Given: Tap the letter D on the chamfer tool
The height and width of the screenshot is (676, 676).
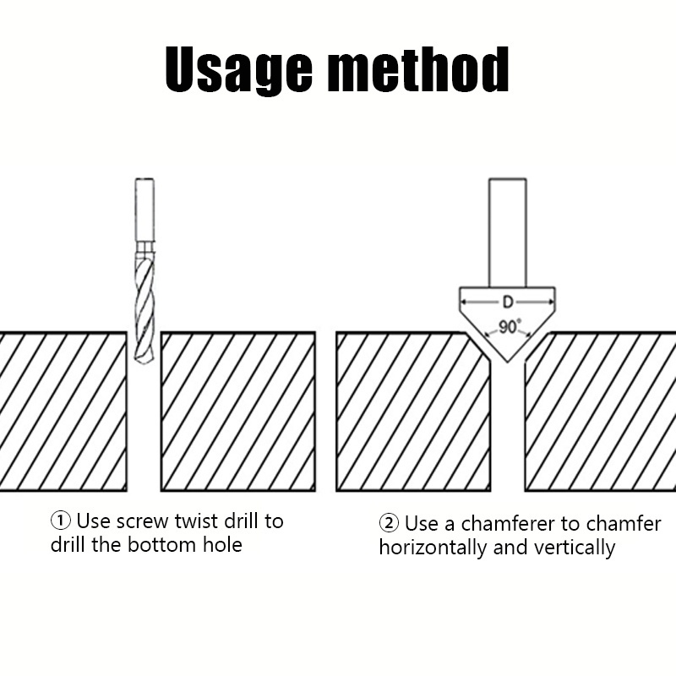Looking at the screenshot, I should coord(507,301).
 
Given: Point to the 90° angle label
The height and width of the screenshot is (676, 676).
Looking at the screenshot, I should coord(509,326).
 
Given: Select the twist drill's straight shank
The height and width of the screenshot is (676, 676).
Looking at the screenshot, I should coord(144,208).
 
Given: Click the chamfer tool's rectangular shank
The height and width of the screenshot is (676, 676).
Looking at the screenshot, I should coord(507,232).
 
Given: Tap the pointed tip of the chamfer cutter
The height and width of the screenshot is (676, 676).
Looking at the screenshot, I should coord(508,361).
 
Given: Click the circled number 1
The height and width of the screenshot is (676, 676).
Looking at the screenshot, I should coord(61,521).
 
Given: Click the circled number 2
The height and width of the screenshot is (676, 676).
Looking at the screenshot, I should coord(389,524).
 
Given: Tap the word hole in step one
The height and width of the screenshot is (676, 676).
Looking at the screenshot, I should coord(221,545).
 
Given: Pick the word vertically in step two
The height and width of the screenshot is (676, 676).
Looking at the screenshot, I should coord(575,548).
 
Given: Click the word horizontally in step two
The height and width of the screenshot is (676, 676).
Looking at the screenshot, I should coord(433,548).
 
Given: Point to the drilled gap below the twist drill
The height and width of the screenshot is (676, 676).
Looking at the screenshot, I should coord(144,431).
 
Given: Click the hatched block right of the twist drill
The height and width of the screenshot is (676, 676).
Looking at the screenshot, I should coord(237,412).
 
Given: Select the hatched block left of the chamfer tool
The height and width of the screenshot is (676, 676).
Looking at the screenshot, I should coord(413,412).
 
